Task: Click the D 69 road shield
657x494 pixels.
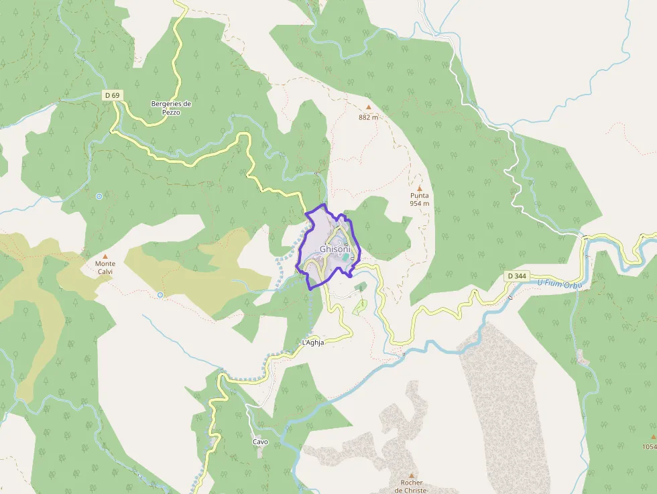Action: coord(112,96)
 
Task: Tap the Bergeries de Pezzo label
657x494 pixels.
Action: coord(171,108)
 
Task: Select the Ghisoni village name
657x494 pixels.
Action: coord(335,249)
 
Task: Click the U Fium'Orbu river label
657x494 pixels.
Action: coord(560,285)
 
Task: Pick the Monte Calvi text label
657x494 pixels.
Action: coord(105,267)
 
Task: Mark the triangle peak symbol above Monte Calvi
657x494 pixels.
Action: coord(105,255)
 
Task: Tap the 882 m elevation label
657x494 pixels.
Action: coord(368,117)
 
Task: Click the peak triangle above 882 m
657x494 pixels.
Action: coord(368,107)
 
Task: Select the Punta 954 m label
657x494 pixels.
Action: coord(420,199)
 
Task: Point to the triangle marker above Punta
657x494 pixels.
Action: coord(420,188)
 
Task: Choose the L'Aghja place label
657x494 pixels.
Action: coord(313,343)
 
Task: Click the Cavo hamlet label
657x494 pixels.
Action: coord(260,442)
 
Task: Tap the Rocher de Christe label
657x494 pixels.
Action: coord(411,487)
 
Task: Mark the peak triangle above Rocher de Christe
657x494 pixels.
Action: coord(411,475)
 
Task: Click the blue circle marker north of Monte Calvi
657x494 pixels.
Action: coord(99,196)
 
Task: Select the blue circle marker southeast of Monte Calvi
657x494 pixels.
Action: coord(160,295)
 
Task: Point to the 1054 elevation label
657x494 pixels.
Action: coord(649,446)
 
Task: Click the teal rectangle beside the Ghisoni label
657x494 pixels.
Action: coord(346,257)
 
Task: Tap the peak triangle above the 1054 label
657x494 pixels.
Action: coord(652,436)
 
